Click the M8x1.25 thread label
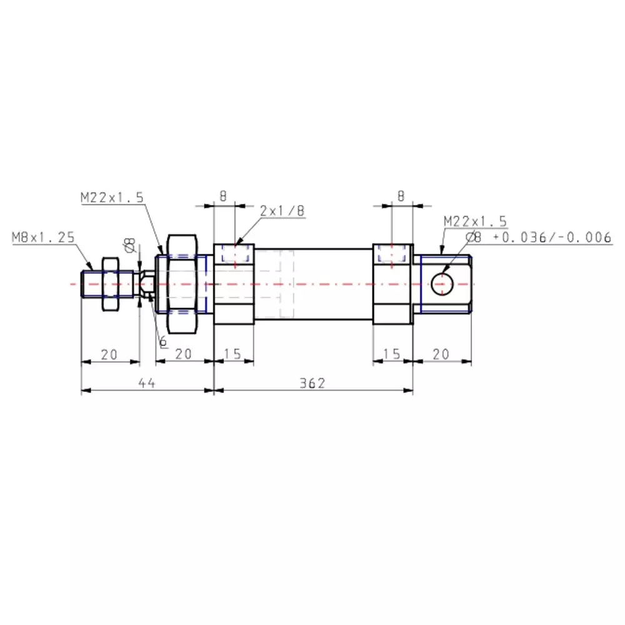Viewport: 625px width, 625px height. [x=43, y=237]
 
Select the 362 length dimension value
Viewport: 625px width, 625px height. [x=313, y=383]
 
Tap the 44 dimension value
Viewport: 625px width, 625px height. [x=147, y=383]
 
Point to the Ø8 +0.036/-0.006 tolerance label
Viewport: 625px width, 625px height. [x=539, y=237]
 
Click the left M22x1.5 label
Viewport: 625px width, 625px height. [x=112, y=197]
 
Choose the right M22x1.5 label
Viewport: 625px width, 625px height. [x=475, y=221]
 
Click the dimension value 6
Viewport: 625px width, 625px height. [x=163, y=341]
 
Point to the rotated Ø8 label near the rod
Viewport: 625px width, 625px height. [x=130, y=244]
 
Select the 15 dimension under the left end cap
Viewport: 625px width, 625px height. [x=232, y=354]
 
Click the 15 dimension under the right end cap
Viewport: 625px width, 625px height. [x=392, y=354]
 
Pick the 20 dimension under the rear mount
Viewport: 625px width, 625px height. [x=441, y=354]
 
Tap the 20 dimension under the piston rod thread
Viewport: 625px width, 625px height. [x=109, y=354]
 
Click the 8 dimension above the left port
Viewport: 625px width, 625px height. [x=222, y=196]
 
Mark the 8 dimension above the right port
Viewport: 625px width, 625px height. [x=401, y=196]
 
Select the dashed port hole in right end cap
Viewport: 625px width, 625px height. [x=391, y=255]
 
